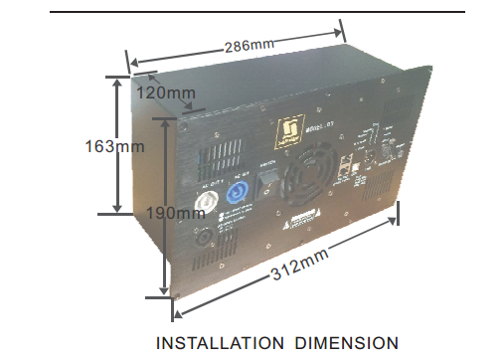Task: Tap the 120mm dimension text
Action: pos(166,92)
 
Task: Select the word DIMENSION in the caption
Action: pos(341,344)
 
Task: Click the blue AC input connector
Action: pos(240,194)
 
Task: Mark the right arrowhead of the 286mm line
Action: pos(341,29)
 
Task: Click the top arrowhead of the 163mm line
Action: pos(118,77)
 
